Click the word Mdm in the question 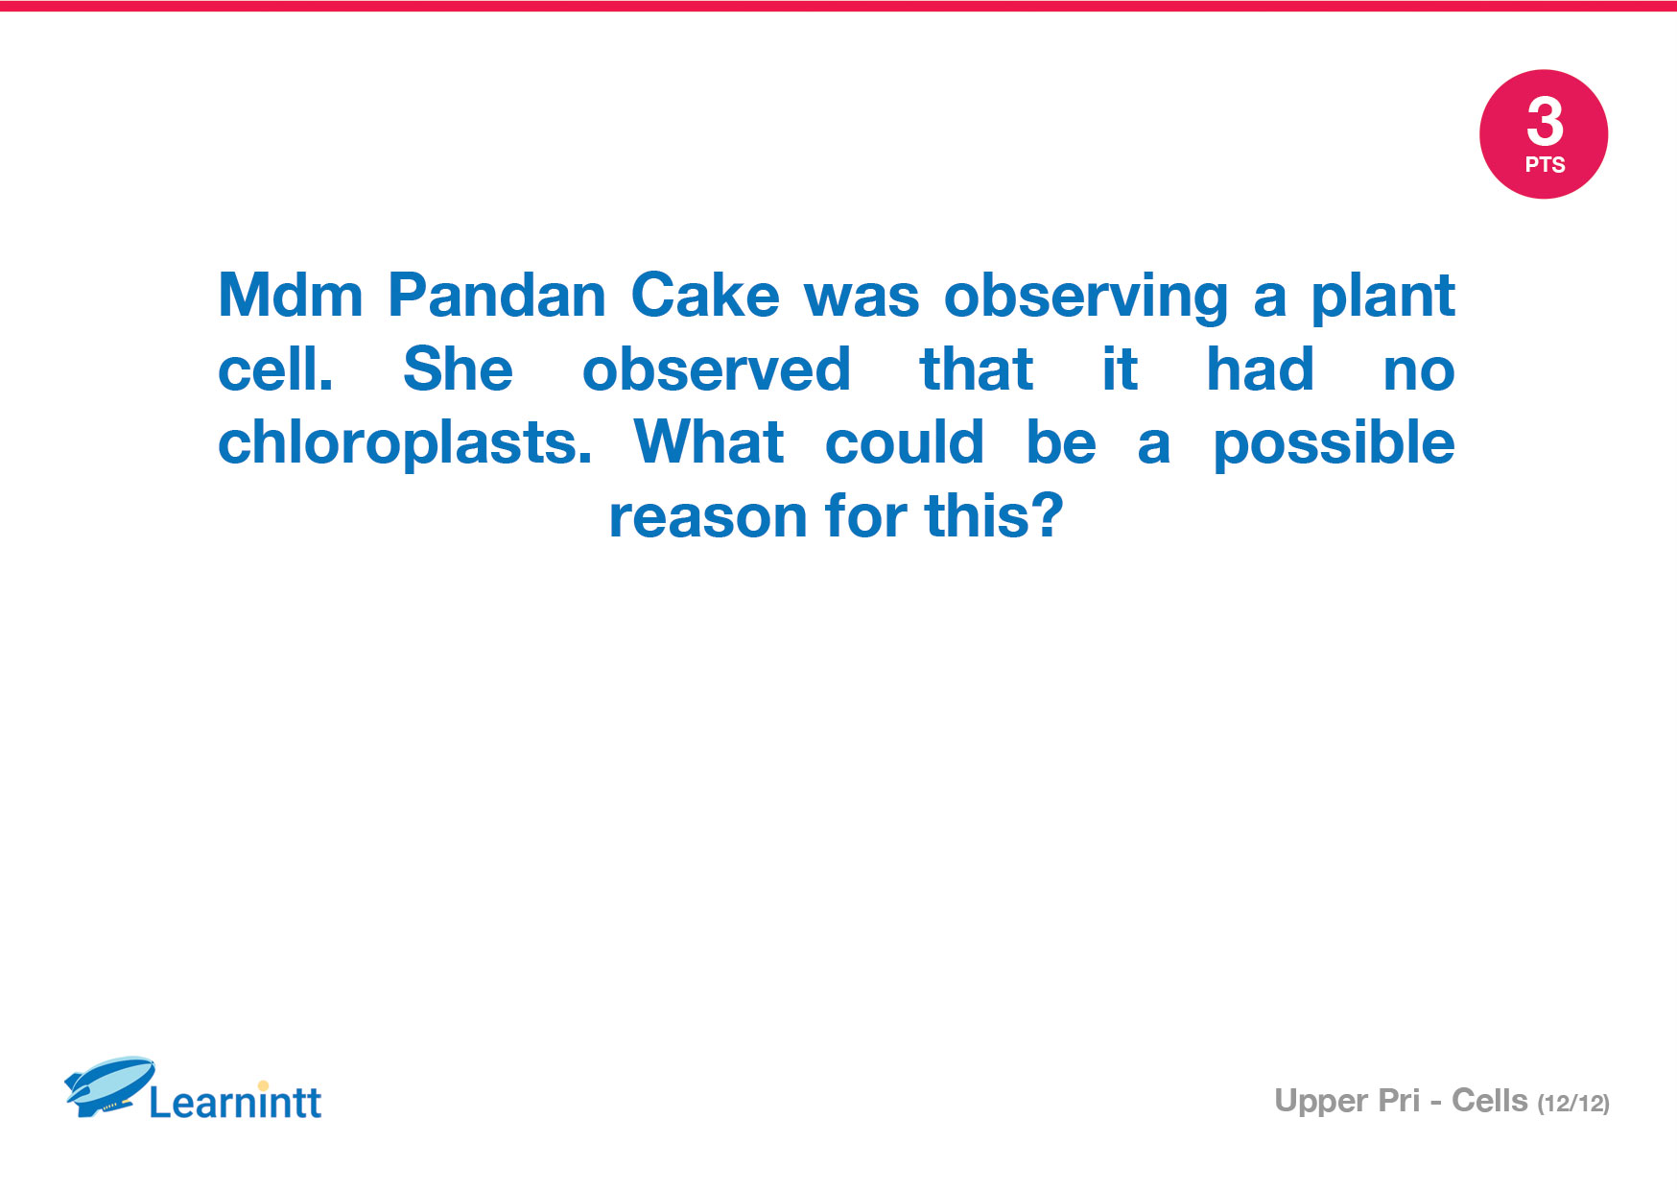(291, 295)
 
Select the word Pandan (497, 295)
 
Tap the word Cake (705, 295)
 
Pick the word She (459, 369)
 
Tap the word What (709, 442)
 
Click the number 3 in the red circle (1545, 121)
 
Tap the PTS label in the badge (1545, 165)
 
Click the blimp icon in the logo (109, 1086)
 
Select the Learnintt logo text (236, 1101)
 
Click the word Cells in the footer (1489, 1101)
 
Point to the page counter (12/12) (1573, 1104)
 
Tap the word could (905, 442)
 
